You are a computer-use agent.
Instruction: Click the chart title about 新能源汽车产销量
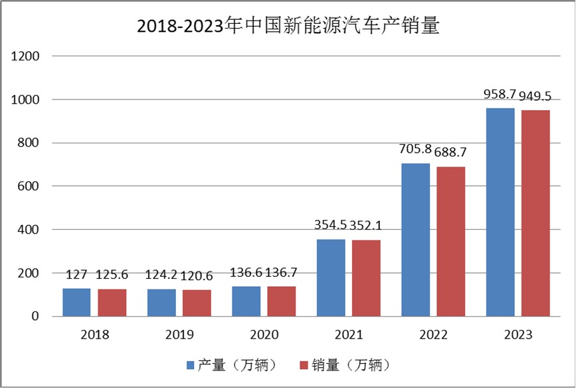pos(288,26)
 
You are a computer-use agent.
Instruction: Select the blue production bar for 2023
pos(500,212)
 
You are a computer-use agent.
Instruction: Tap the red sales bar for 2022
pos(450,242)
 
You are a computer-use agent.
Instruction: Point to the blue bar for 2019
pos(161,303)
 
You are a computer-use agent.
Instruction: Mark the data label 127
pos(76,274)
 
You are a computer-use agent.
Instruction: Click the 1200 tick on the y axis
pos(27,56)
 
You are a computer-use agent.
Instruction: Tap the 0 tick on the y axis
pos(37,317)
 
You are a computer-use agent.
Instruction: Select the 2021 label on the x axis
pos(348,335)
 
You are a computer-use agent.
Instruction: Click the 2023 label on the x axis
pos(518,335)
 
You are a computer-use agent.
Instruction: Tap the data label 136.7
pos(282,273)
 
